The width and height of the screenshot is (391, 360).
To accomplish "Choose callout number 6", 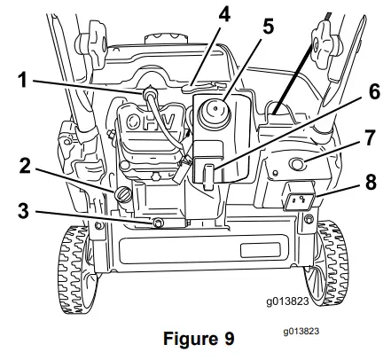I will click(350, 90).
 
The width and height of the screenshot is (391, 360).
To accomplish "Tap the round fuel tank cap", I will click(215, 114).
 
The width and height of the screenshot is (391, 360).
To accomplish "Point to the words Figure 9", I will click(194, 337).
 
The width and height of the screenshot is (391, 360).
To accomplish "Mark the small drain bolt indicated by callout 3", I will click(159, 222).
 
